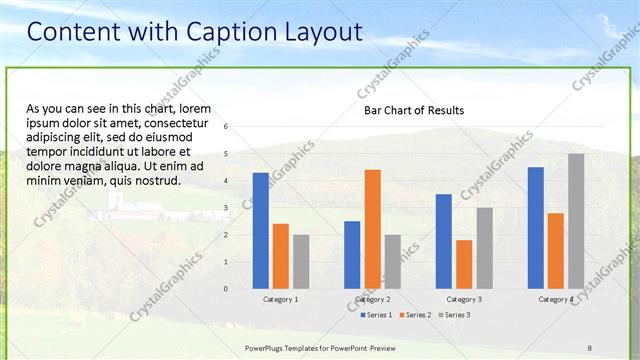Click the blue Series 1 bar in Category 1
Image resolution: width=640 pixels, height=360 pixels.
260,230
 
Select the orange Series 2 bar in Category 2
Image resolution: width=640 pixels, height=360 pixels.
372,228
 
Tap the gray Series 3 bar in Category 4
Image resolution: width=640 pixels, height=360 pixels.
576,221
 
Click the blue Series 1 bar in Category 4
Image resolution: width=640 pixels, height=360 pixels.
536,227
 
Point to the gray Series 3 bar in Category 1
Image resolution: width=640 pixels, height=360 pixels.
301,261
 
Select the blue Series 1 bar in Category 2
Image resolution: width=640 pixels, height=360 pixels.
352,254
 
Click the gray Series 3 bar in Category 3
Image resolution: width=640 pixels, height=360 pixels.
484,248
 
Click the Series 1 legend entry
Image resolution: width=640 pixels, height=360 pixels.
375,315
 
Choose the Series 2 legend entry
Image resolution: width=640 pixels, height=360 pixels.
417,315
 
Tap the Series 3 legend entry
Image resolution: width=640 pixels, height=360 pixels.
457,315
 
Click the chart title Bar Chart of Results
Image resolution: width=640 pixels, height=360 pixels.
413,110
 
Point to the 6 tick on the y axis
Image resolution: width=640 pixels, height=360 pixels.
226,127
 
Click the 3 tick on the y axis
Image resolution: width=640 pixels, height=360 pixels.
226,208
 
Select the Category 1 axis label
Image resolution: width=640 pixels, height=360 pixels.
280,299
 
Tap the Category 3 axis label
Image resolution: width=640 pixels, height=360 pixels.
464,299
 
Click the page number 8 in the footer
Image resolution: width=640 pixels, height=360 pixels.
589,348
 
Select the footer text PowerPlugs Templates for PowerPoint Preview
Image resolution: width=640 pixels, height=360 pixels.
319,348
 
